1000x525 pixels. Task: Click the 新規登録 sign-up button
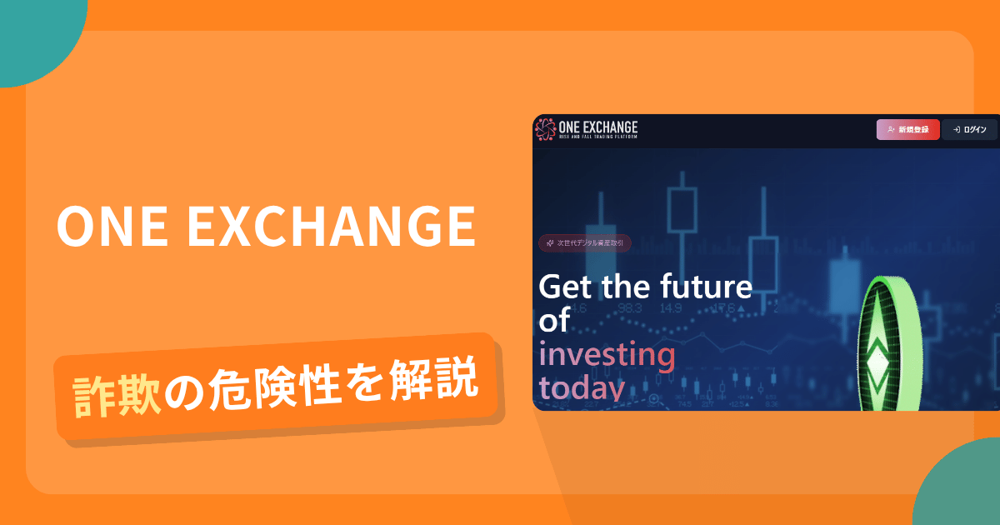coord(907,129)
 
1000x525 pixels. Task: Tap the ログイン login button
coord(969,129)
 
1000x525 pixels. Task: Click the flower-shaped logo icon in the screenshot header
coord(545,129)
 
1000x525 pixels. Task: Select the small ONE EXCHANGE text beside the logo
coord(598,126)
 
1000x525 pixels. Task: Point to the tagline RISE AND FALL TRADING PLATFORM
coord(598,137)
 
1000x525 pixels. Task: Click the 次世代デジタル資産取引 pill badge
coord(585,242)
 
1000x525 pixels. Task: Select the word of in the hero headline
coord(553,320)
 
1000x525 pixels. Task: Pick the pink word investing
coord(607,355)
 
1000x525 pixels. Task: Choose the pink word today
coord(581,388)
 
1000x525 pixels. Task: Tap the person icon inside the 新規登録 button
coord(891,129)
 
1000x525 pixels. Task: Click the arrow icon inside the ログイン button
coord(957,129)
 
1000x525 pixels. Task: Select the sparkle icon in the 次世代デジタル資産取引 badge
coord(550,242)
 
